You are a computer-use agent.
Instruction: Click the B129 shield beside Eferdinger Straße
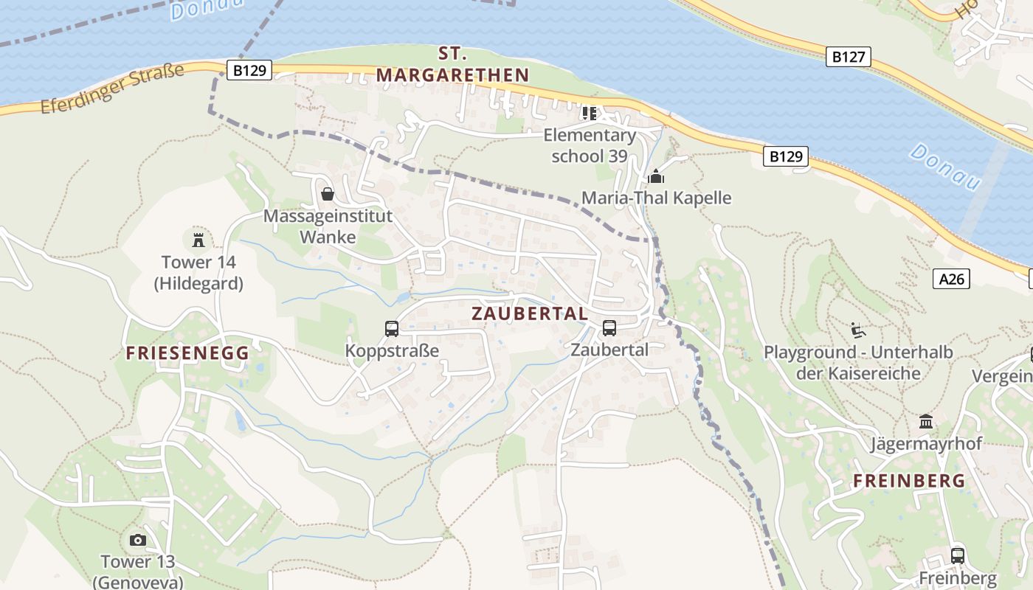(249, 70)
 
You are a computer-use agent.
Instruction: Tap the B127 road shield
(848, 57)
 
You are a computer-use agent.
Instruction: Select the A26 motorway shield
(951, 278)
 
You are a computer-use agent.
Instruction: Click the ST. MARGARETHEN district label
(453, 64)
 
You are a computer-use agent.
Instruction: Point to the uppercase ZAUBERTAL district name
(530, 313)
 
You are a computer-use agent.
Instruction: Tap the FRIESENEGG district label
(187, 353)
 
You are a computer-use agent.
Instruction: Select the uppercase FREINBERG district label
(909, 481)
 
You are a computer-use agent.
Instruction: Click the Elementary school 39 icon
(589, 114)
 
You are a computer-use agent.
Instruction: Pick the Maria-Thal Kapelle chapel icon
(656, 176)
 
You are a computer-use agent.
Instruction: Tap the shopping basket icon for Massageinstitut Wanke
(328, 194)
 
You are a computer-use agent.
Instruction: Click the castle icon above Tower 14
(198, 240)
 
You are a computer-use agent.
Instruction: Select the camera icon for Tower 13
(138, 540)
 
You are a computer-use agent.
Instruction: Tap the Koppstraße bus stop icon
(392, 328)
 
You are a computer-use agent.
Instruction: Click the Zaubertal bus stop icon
(609, 327)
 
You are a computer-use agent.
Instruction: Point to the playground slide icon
(857, 330)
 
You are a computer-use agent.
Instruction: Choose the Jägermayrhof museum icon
(926, 422)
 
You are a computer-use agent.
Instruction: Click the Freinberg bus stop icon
(958, 555)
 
